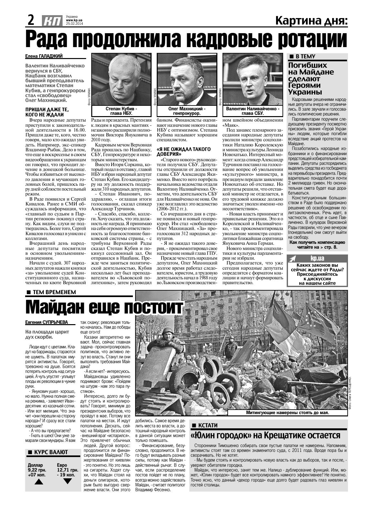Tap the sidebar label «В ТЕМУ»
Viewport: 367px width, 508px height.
click(x=305, y=56)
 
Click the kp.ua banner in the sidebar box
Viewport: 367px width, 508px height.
click(x=317, y=258)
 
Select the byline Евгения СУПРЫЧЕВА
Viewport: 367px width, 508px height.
click(x=46, y=322)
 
